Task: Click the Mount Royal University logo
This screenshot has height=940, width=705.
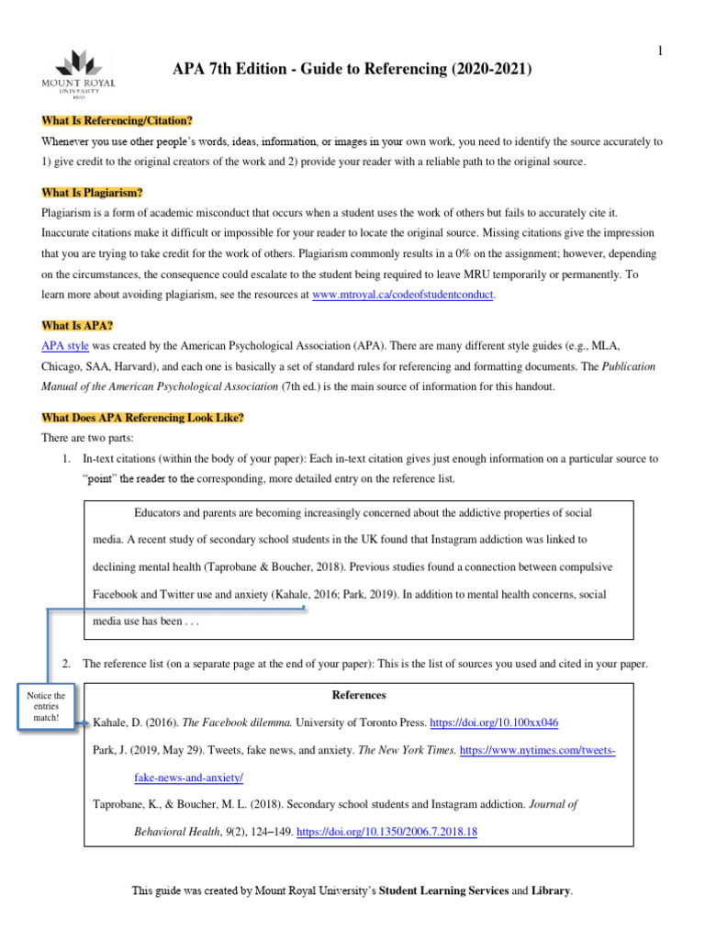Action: [86, 70]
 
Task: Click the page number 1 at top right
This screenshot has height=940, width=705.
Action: [659, 51]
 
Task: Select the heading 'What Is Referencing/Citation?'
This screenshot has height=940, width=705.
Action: [117, 121]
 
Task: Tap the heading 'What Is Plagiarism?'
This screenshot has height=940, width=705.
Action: [92, 192]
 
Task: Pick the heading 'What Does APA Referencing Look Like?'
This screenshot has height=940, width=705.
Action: [142, 418]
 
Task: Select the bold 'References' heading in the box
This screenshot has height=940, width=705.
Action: [358, 695]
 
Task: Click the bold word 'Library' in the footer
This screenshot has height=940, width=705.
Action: [551, 890]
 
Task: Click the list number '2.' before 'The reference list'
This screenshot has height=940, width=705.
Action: [65, 663]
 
